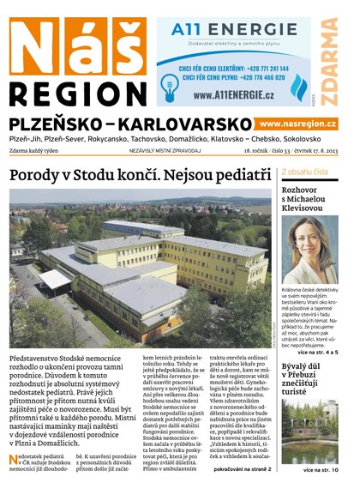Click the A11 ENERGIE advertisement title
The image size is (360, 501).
click(233, 32)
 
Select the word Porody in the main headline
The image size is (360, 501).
click(43, 175)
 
